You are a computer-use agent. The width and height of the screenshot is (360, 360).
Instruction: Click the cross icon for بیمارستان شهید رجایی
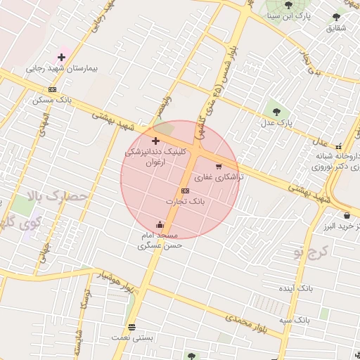(61, 56)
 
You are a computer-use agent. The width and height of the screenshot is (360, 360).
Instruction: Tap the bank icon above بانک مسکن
(52, 89)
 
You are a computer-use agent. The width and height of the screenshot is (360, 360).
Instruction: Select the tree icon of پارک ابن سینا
(288, 5)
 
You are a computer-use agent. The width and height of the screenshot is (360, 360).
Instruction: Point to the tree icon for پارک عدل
(275, 111)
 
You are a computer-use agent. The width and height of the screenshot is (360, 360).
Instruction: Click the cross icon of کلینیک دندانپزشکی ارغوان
(155, 141)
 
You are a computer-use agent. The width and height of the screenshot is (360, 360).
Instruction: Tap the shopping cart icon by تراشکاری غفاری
(219, 167)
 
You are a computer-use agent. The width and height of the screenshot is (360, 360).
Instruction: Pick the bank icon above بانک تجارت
(185, 191)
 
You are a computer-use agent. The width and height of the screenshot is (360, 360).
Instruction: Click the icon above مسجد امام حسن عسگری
(160, 224)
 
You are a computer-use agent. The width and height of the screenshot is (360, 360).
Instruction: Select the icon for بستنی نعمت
(131, 327)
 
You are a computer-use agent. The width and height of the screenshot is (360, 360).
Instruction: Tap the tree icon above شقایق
(337, 17)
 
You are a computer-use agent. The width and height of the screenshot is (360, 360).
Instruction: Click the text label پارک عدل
(276, 124)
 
